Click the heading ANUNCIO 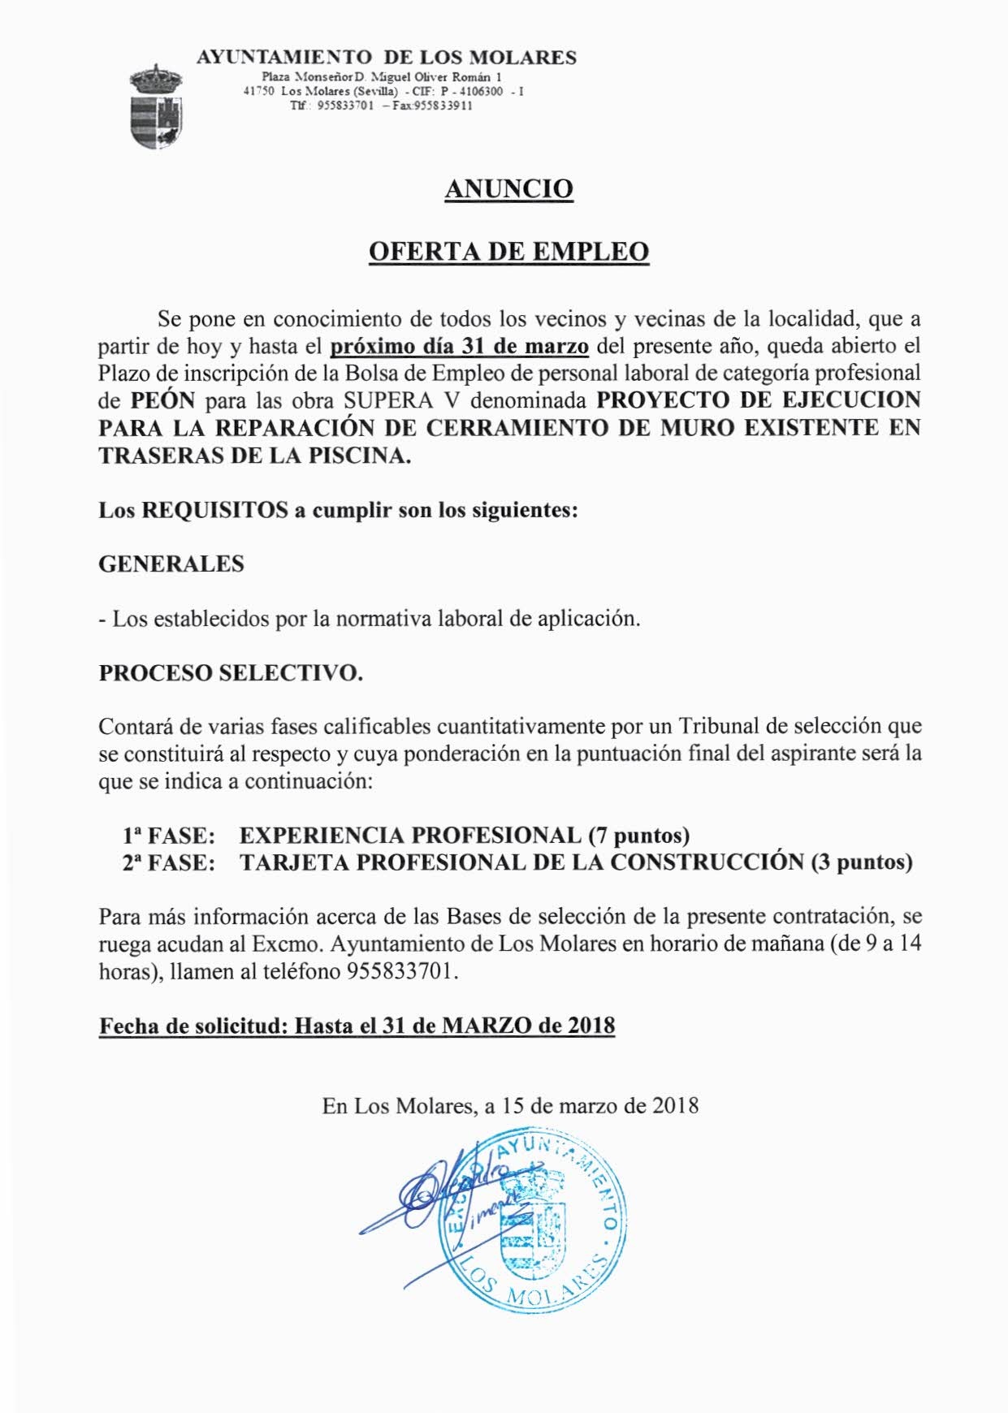point(508,189)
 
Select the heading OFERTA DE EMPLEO point(508,252)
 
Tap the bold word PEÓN point(163,401)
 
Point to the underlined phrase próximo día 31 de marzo point(460,347)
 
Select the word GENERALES point(171,564)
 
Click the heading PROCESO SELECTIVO point(231,673)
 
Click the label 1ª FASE point(169,835)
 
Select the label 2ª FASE point(169,862)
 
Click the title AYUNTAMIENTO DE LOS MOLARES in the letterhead point(387,58)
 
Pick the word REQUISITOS point(215,511)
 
